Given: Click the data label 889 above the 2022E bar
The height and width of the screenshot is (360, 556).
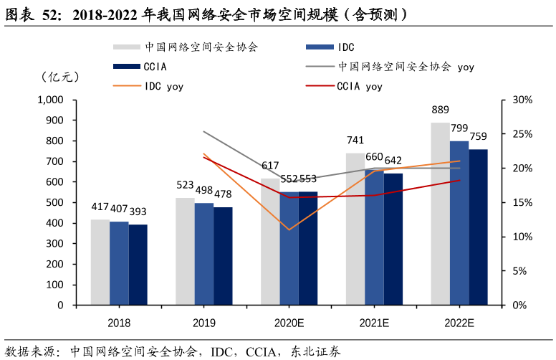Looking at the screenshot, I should point(440,110).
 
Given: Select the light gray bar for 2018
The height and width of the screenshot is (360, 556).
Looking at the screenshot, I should point(100,262).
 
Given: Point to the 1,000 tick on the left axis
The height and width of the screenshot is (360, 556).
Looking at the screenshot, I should point(49,100).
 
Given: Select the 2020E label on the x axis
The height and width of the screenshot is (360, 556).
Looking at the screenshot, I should point(289,323).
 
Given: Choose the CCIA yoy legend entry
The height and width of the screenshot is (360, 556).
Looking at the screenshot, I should point(358,87).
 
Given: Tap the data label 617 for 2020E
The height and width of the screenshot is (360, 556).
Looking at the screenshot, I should point(270,166).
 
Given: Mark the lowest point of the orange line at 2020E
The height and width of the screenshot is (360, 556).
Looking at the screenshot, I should point(289,229).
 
